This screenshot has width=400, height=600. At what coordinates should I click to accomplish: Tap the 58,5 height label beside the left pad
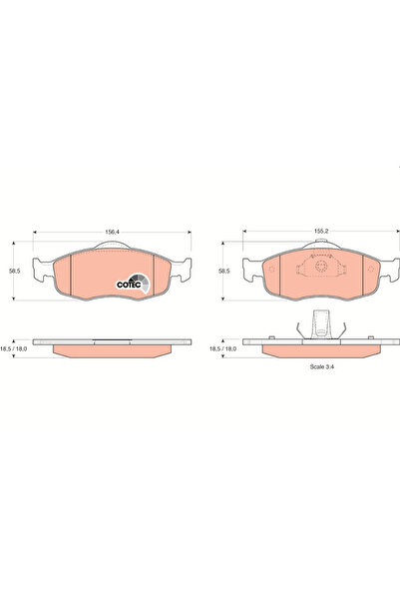(16, 270)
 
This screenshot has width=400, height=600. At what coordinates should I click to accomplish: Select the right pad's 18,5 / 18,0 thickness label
(223, 350)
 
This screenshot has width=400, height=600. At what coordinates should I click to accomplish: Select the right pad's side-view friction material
(317, 351)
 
